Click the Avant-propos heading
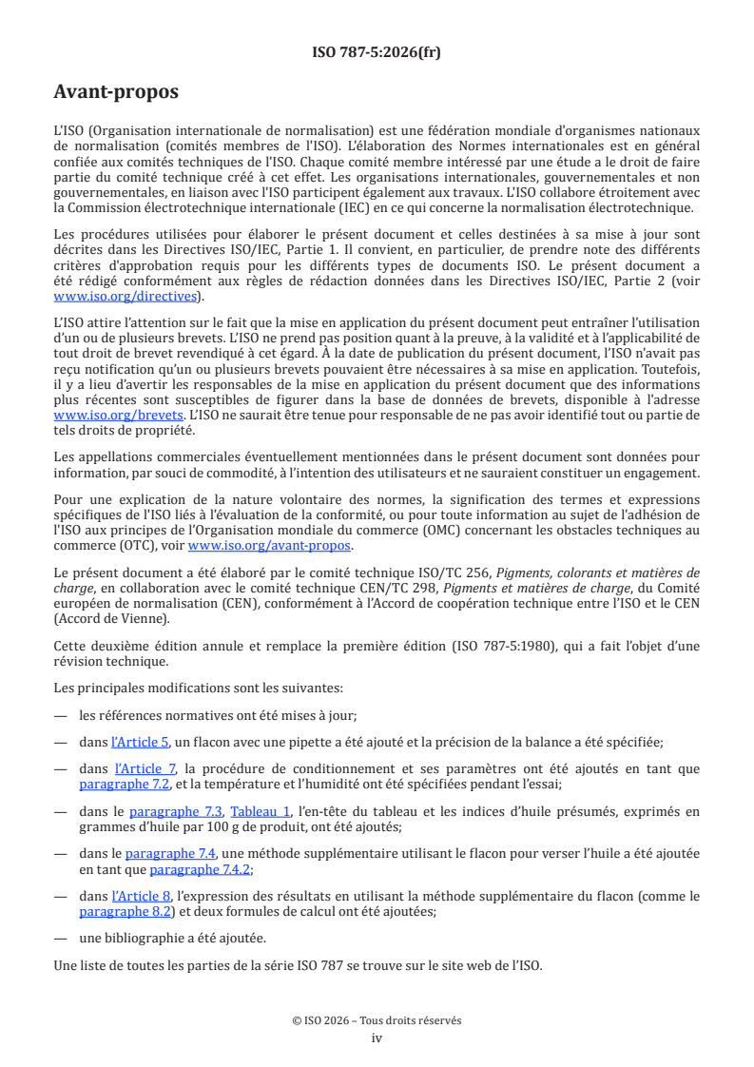point(116,92)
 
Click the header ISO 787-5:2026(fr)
point(377,52)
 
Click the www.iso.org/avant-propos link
point(269,545)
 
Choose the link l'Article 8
point(140,896)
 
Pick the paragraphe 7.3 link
point(176,811)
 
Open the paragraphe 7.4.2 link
point(195,869)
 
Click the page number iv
point(377,1038)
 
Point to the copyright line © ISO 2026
point(377,1020)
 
